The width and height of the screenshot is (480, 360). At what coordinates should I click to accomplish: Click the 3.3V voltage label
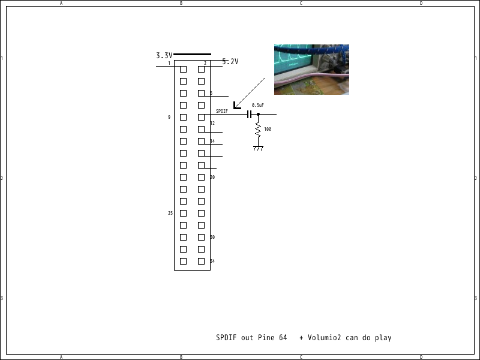coord(164,55)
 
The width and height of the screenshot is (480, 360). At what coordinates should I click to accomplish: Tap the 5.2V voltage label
coord(230,61)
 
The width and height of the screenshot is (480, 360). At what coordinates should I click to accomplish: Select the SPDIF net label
coord(222,111)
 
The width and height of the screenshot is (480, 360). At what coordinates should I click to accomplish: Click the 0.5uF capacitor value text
coord(258,105)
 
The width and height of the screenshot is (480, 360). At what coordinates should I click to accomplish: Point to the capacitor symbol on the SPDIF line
coord(248,114)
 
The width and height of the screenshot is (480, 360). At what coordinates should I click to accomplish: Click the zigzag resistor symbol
coord(258,130)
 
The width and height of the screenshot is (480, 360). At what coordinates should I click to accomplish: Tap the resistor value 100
coord(268,129)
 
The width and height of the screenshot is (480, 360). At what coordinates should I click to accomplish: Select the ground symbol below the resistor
coord(258,148)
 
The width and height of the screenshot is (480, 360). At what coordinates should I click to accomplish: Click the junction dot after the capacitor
coord(258,114)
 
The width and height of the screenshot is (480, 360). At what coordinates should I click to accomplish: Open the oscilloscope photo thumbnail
coord(311,69)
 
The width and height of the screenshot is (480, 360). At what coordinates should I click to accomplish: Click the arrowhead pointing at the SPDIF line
coord(236,106)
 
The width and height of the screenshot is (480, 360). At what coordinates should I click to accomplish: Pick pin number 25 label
coord(170,213)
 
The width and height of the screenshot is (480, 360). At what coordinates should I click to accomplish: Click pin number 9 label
coord(169,117)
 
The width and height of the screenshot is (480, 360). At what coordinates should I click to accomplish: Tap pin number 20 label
coord(212,177)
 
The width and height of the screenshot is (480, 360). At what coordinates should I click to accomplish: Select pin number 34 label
coord(212,261)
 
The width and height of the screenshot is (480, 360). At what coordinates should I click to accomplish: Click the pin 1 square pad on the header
coord(183,69)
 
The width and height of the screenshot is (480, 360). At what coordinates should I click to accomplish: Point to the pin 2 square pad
coord(201,69)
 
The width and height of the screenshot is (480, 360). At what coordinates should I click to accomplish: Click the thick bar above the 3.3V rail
coord(192,54)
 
